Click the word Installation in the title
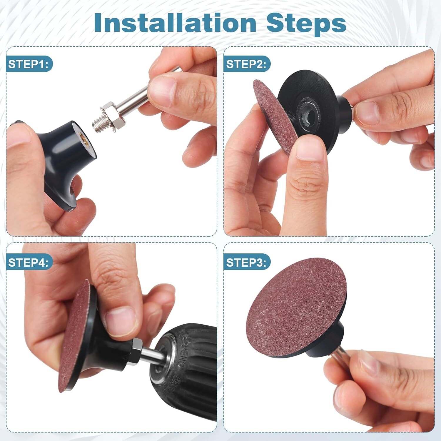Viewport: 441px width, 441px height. (175, 23)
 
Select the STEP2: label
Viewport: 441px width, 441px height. (246, 64)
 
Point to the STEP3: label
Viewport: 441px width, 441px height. (246, 262)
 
